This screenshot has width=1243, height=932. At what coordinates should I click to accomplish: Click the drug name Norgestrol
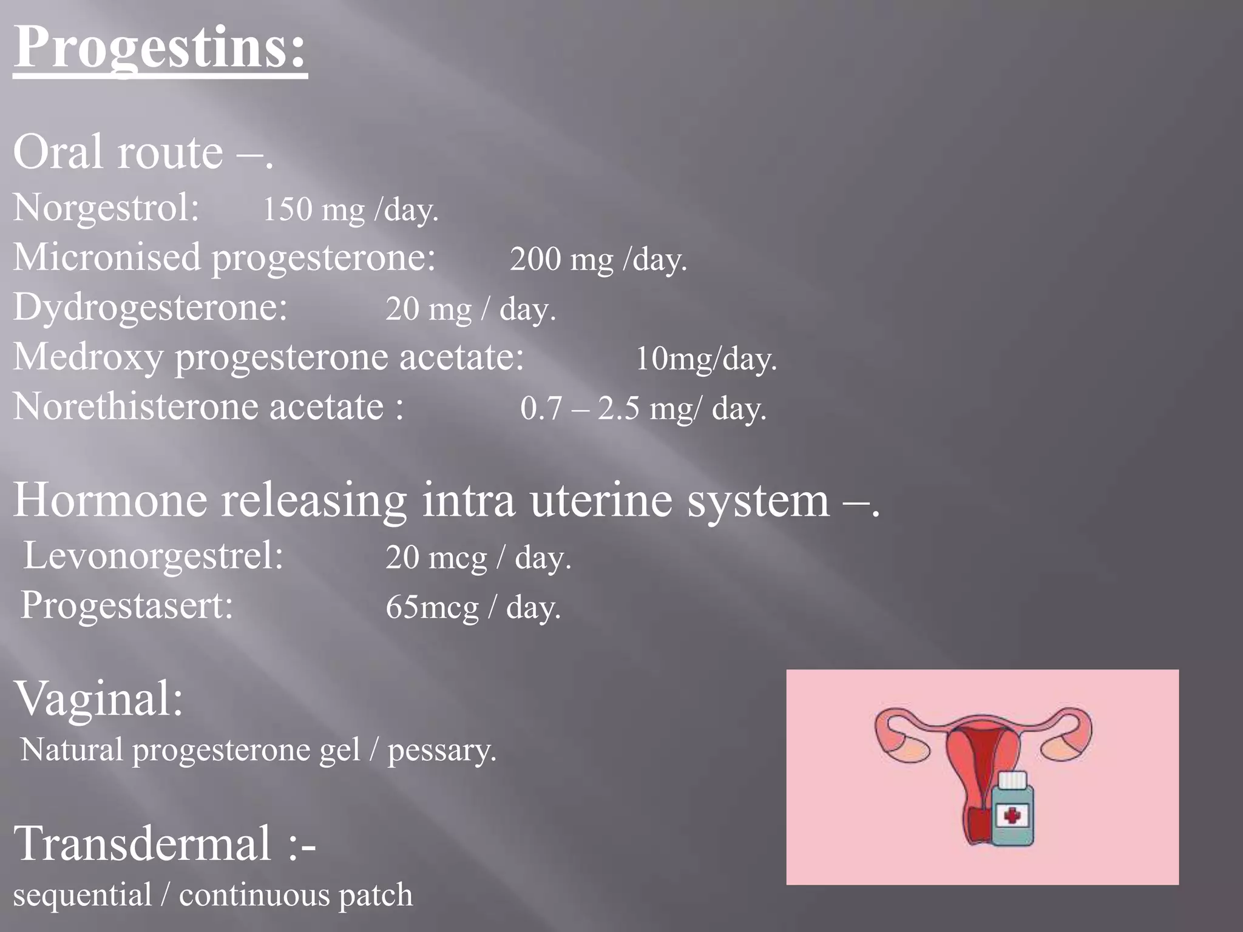pyautogui.click(x=106, y=208)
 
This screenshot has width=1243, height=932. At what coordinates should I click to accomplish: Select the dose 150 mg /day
pyautogui.click(x=350, y=210)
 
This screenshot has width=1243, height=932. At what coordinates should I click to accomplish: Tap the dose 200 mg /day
pyautogui.click(x=598, y=260)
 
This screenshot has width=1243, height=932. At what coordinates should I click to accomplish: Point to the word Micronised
pyautogui.click(x=107, y=257)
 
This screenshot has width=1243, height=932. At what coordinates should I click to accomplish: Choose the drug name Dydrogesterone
pyautogui.click(x=150, y=307)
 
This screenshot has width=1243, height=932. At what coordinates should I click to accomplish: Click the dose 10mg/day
pyautogui.click(x=706, y=359)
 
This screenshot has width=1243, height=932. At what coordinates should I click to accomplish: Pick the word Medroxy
pyautogui.click(x=88, y=357)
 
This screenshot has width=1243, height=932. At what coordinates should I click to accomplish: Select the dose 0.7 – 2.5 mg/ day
pyautogui.click(x=643, y=408)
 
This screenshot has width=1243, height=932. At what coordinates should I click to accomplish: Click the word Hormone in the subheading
pyautogui.click(x=110, y=501)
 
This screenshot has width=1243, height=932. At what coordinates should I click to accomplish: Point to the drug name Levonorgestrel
pyautogui.click(x=153, y=556)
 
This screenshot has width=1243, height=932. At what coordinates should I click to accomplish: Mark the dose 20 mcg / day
pyautogui.click(x=478, y=558)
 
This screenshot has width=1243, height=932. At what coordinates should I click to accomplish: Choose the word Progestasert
pyautogui.click(x=127, y=606)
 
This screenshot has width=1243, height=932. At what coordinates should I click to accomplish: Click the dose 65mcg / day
pyautogui.click(x=473, y=607)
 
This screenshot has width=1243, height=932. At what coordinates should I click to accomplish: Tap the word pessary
pyautogui.click(x=441, y=751)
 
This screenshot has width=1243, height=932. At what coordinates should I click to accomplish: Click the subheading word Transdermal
pyautogui.click(x=143, y=843)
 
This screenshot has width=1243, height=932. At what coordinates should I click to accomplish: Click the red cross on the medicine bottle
pyautogui.click(x=1011, y=815)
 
